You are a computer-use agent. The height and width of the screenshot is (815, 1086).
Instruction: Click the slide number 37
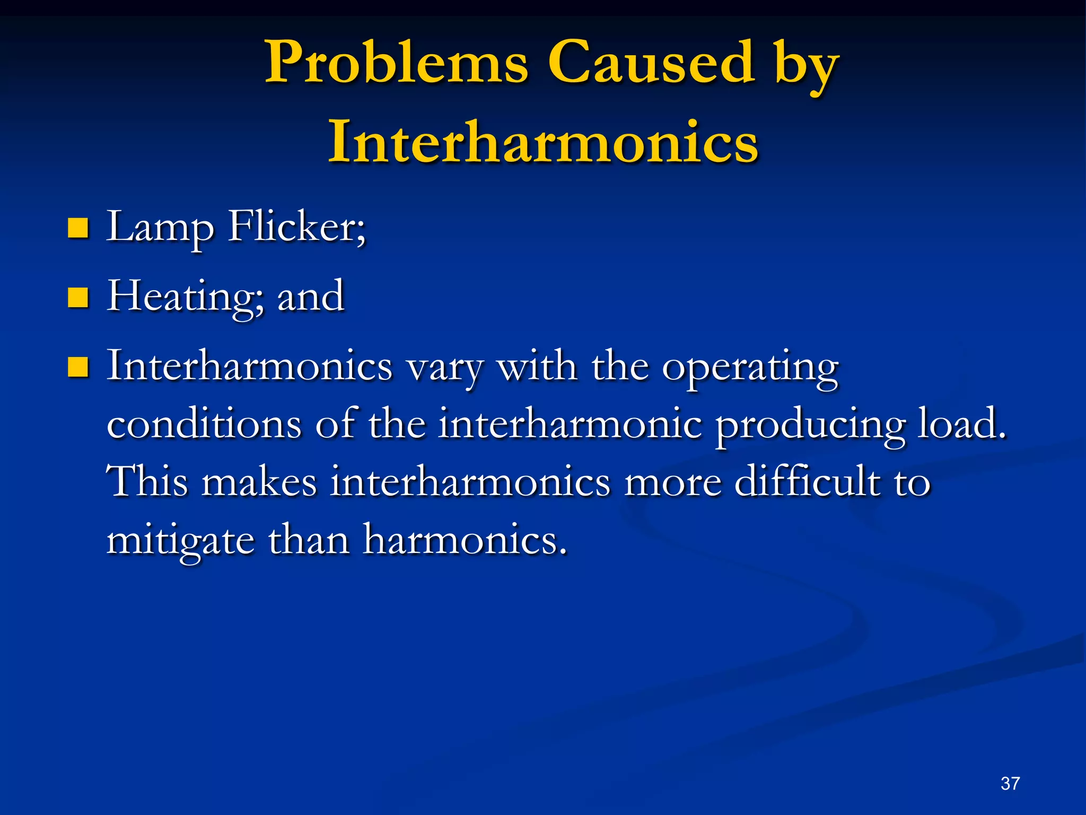1010,784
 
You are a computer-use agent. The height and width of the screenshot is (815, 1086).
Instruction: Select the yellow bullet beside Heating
78,298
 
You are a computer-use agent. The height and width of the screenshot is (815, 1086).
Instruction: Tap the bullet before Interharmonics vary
78,367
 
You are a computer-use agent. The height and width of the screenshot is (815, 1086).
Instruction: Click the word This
147,482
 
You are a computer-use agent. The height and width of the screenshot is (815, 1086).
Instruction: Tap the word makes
260,482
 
